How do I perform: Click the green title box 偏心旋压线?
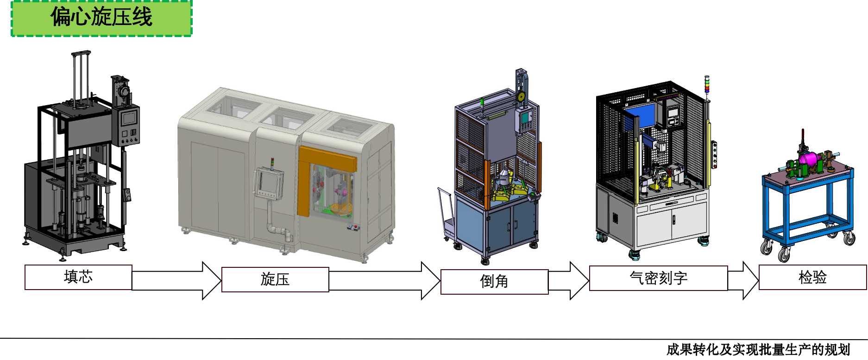click(101, 18)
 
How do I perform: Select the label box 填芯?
click(78, 277)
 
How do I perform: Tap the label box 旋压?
click(275, 279)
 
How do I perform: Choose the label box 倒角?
click(494, 281)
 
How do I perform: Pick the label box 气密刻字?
click(658, 278)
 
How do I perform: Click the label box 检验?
click(812, 277)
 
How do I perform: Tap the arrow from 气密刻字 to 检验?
click(743, 280)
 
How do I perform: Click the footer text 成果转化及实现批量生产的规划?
click(758, 350)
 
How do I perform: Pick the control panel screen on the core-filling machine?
click(129, 118)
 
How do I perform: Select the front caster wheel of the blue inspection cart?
click(783, 254)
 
